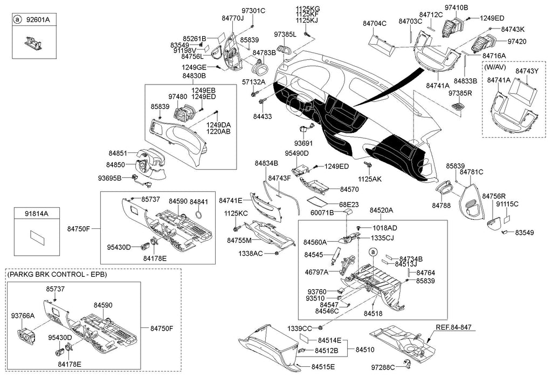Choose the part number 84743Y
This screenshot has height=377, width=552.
tap(527, 71)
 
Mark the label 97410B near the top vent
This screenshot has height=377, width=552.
tap(456, 8)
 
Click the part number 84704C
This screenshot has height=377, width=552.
tap(375, 24)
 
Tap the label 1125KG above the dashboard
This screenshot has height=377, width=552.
tap(307, 8)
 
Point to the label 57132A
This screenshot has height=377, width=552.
tap(253, 82)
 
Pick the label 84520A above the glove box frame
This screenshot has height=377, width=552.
tap(381, 210)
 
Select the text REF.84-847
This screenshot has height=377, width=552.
tap(457, 326)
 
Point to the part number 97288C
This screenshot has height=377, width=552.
tap(385, 367)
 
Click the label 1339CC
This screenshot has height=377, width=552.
tap(300, 328)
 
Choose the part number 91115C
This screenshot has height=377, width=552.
tap(507, 204)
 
